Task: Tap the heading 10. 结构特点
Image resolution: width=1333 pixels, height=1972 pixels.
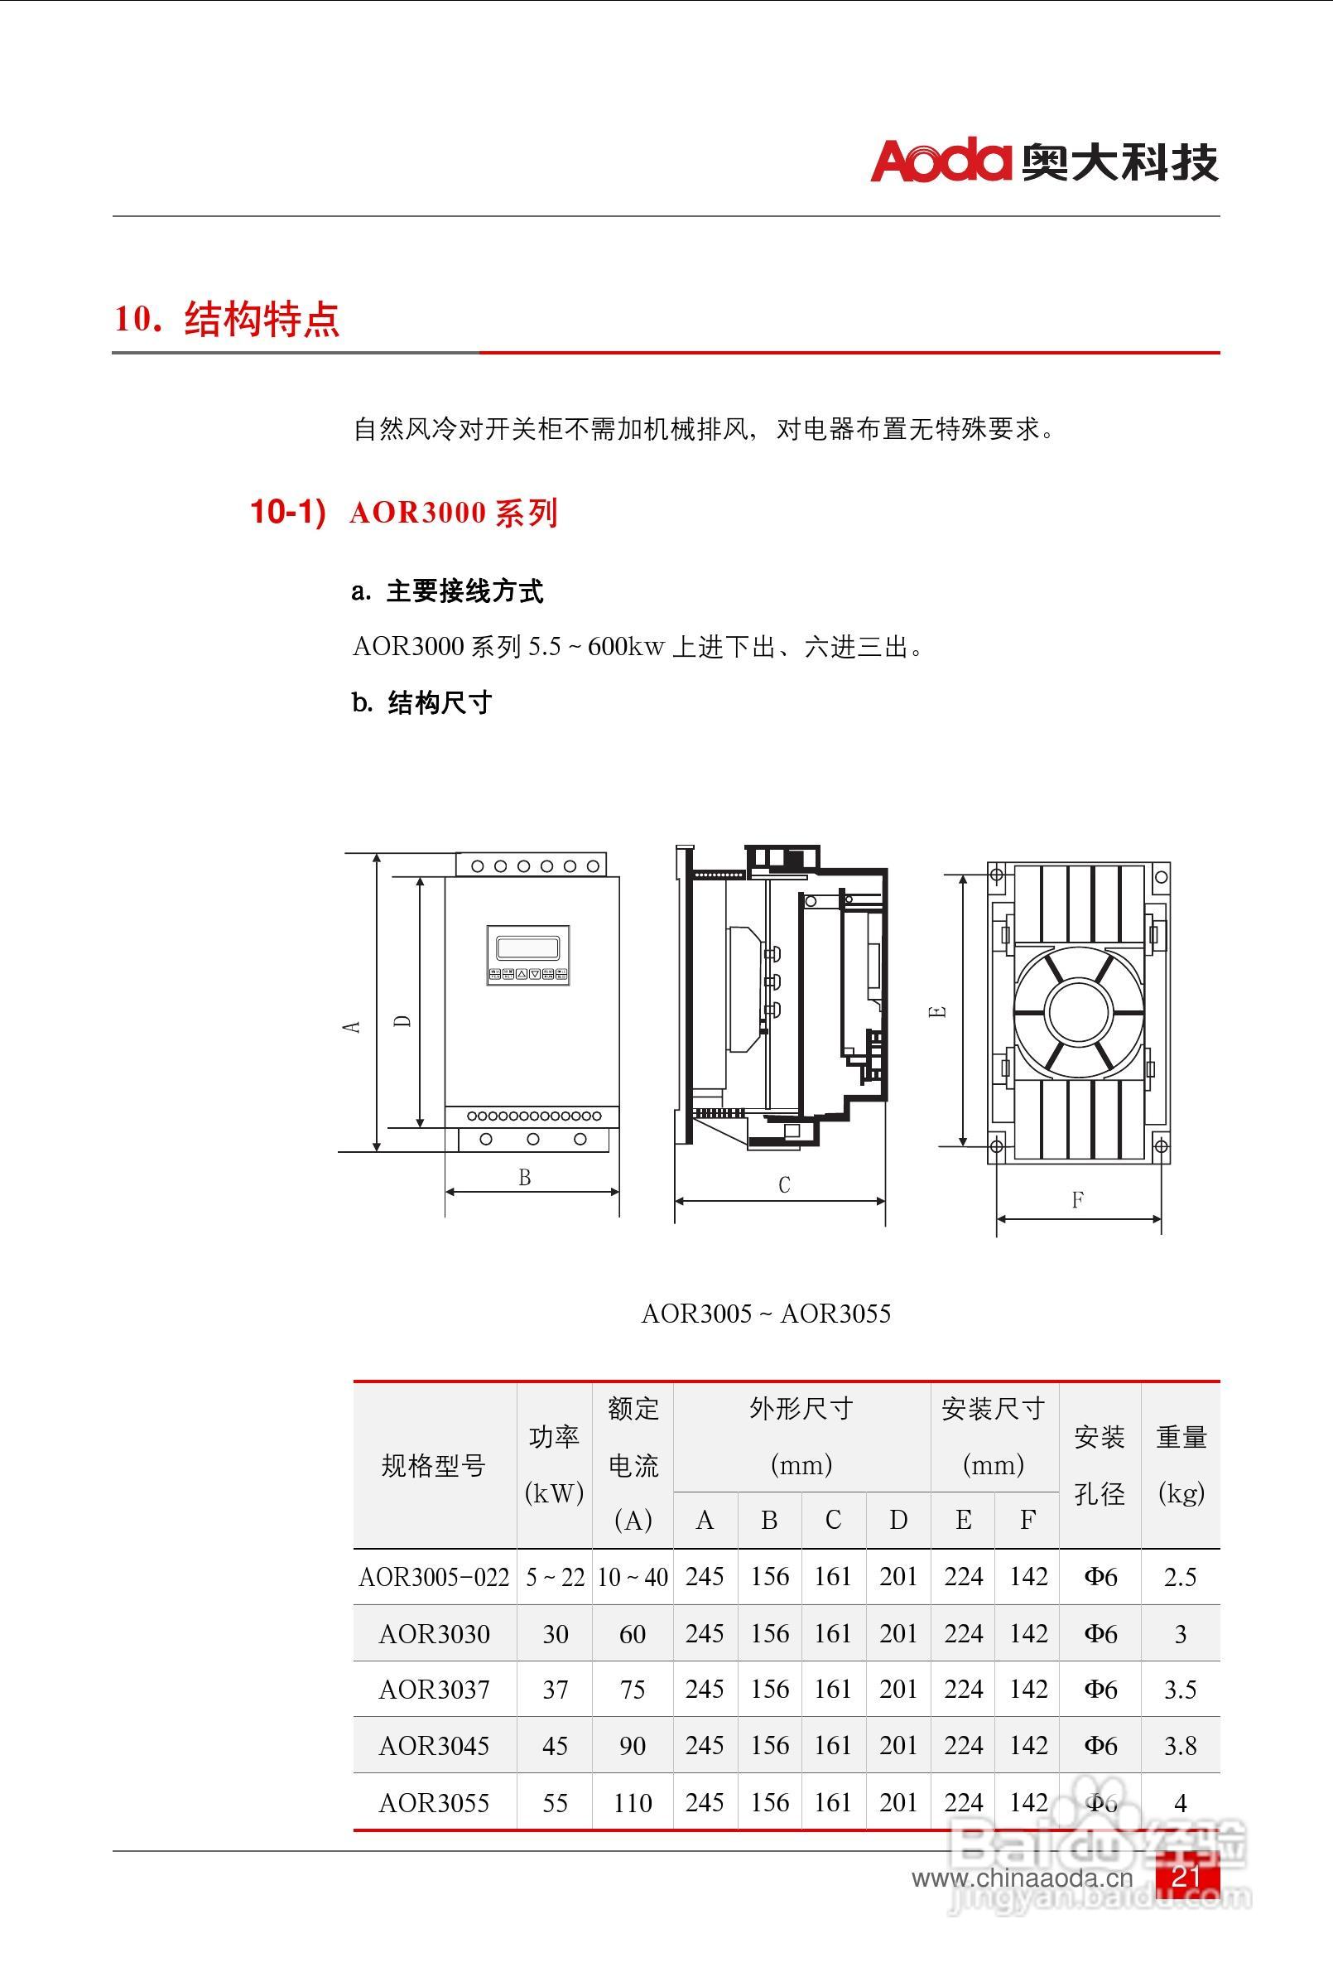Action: click(228, 319)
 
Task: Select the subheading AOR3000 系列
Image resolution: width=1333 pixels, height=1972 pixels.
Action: click(453, 513)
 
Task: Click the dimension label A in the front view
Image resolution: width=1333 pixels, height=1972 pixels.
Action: click(351, 1026)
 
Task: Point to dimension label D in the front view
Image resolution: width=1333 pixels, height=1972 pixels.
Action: click(404, 1021)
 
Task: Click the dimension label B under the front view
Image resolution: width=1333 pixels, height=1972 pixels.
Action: click(524, 1177)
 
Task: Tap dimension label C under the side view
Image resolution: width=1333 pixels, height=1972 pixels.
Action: click(784, 1184)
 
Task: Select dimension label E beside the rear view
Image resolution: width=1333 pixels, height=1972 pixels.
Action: click(937, 1010)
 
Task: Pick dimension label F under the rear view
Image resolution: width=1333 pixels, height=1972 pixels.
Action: click(1078, 1200)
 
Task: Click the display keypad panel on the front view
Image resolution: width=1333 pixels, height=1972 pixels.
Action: click(527, 955)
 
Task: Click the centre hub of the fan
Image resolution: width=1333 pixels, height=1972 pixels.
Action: click(1079, 1010)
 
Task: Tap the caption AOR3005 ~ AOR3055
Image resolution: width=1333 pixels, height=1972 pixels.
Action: click(765, 1314)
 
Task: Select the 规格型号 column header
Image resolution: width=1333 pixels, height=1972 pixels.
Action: click(434, 1465)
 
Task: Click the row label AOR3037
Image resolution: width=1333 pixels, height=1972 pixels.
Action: click(434, 1689)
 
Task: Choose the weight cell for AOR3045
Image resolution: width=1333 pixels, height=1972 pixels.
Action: click(1181, 1745)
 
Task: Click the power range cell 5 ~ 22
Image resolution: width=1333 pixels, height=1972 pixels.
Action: click(555, 1577)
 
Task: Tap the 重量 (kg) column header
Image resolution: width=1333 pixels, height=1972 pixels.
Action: click(1181, 1465)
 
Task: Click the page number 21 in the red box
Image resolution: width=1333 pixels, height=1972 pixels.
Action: click(1186, 1875)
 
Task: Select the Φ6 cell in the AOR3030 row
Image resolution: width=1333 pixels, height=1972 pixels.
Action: click(1100, 1632)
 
